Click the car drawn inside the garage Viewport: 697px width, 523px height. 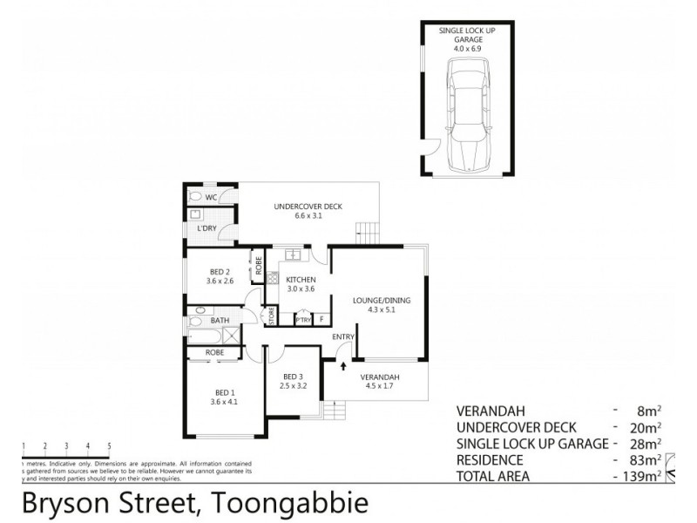click(468, 116)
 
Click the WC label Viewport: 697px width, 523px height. click(212, 197)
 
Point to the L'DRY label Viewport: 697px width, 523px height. click(207, 228)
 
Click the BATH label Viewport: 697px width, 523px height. click(220, 320)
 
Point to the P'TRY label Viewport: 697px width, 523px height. click(303, 320)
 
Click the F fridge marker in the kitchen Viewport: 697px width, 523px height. click(321, 320)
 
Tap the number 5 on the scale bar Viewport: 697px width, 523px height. click(109, 446)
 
